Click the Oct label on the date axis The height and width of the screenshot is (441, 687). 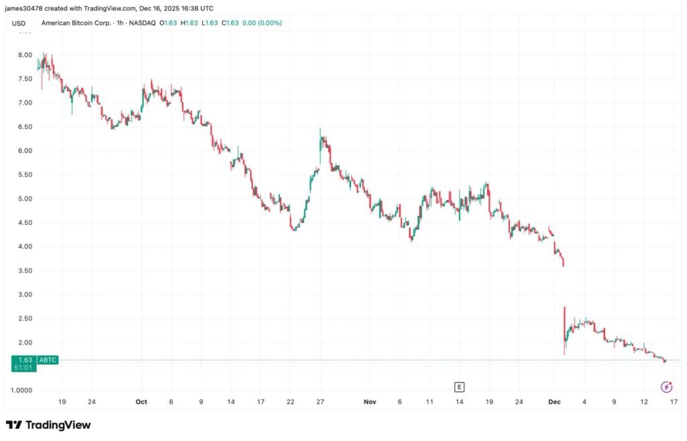point(141,402)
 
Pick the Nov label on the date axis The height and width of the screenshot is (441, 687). point(370,402)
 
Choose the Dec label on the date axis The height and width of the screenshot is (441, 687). point(554,402)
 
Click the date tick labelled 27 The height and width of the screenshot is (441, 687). point(321,402)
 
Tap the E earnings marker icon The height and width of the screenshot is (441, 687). point(460,387)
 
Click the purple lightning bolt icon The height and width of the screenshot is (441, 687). point(666,387)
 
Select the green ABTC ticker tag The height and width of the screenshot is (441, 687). point(48,360)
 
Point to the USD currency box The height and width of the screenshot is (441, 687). point(19,23)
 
